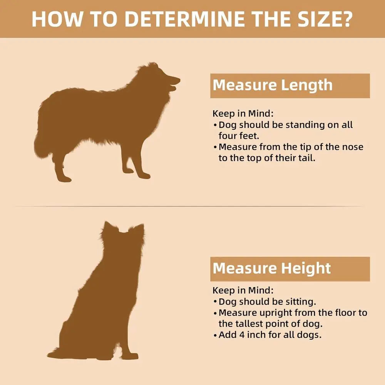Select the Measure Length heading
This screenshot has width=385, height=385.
point(273,85)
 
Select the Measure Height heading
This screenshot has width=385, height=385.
point(271,268)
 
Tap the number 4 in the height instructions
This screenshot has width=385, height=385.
point(242,335)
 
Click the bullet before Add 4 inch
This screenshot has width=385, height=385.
point(215,335)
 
